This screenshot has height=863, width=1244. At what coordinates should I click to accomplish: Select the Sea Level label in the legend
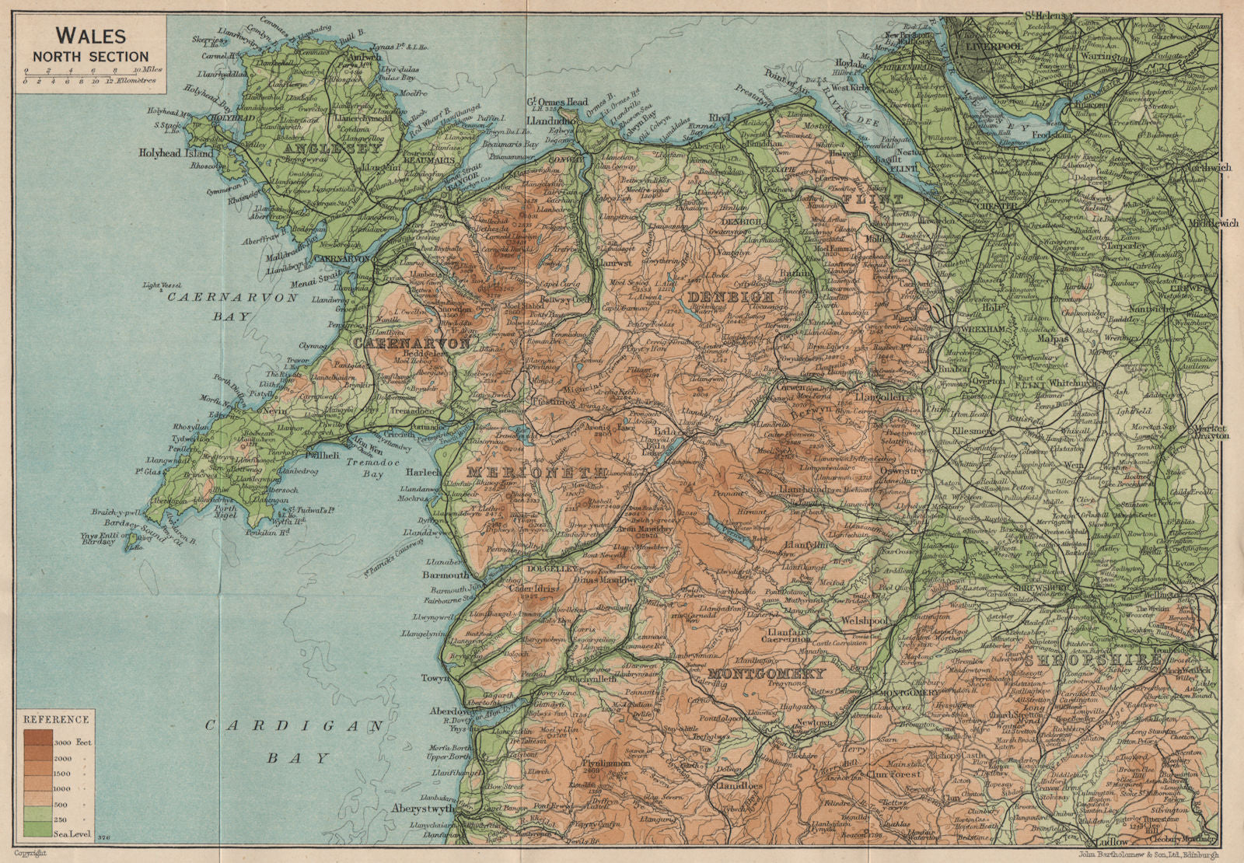point(73,834)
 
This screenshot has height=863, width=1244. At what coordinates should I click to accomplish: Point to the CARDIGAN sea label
point(295,726)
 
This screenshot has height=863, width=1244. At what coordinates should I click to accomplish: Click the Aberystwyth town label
point(423,808)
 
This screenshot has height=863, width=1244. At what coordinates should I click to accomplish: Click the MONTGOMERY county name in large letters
point(766,673)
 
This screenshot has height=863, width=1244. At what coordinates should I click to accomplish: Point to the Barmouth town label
point(446,575)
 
